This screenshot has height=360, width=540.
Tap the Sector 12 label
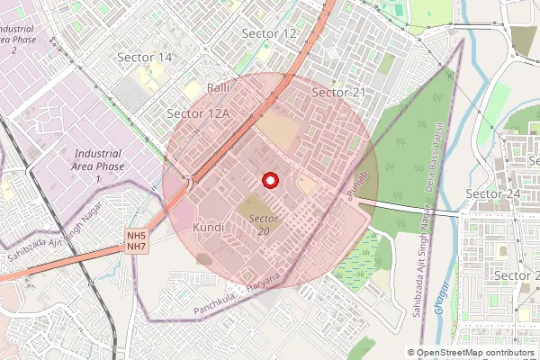tap(269, 33)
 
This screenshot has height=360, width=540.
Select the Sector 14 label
tap(145, 57)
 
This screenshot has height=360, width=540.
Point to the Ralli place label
tap(220, 87)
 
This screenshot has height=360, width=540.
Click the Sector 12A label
tap(199, 113)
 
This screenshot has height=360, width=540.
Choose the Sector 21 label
tap(338, 93)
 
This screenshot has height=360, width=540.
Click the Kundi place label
tap(208, 228)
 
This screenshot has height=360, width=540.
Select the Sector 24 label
tap(493, 194)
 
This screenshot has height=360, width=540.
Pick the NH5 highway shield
tap(136, 236)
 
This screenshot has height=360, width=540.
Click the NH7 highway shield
tap(136, 247)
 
